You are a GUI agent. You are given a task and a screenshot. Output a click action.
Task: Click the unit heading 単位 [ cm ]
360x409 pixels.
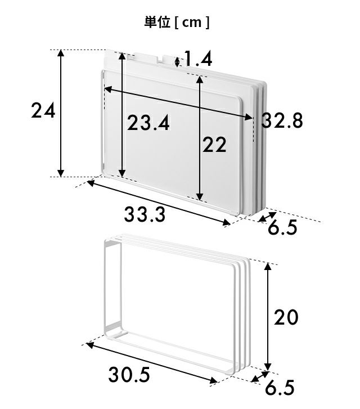177,23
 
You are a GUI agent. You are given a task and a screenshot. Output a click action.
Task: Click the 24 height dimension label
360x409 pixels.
43,110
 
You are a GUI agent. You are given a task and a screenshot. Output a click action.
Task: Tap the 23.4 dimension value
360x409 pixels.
148,123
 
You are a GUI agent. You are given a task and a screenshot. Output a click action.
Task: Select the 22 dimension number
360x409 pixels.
214,145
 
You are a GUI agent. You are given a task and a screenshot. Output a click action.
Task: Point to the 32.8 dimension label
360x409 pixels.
282,120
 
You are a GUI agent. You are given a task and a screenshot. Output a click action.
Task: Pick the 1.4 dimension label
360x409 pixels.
198,59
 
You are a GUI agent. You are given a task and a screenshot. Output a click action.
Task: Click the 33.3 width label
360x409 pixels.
145,214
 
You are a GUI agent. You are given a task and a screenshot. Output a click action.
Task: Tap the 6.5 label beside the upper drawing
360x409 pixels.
282,227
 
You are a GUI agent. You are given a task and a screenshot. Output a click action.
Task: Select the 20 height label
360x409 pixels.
286,317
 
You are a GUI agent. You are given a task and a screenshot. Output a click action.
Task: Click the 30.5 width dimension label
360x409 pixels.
129,375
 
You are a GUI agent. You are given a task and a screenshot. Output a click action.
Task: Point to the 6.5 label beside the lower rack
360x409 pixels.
280,388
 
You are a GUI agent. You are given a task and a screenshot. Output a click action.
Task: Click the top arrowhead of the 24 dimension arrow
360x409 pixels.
61,53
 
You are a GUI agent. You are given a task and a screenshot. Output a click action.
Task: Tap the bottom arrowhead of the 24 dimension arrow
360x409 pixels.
61,173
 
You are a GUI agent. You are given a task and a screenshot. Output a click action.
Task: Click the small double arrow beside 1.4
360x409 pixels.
177,62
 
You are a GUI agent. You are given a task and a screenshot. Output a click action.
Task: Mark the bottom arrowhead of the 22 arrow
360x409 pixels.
200,197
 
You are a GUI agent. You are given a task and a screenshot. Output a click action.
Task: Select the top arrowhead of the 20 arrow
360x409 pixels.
268,267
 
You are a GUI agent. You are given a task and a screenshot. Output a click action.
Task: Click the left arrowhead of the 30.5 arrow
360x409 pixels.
90,345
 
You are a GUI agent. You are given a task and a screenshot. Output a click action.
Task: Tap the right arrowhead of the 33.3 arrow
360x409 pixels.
226,222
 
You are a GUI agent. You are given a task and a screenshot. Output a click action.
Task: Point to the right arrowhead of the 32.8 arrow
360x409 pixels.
249,117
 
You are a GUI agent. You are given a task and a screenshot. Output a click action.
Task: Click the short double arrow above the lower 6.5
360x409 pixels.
260,376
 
